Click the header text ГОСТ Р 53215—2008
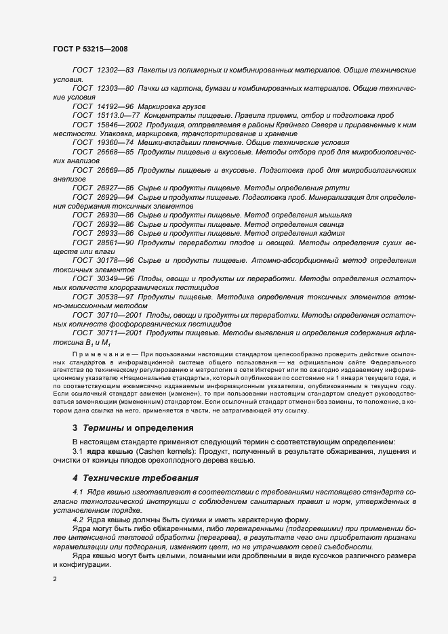tap(89, 49)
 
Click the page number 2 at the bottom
tap(54, 579)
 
